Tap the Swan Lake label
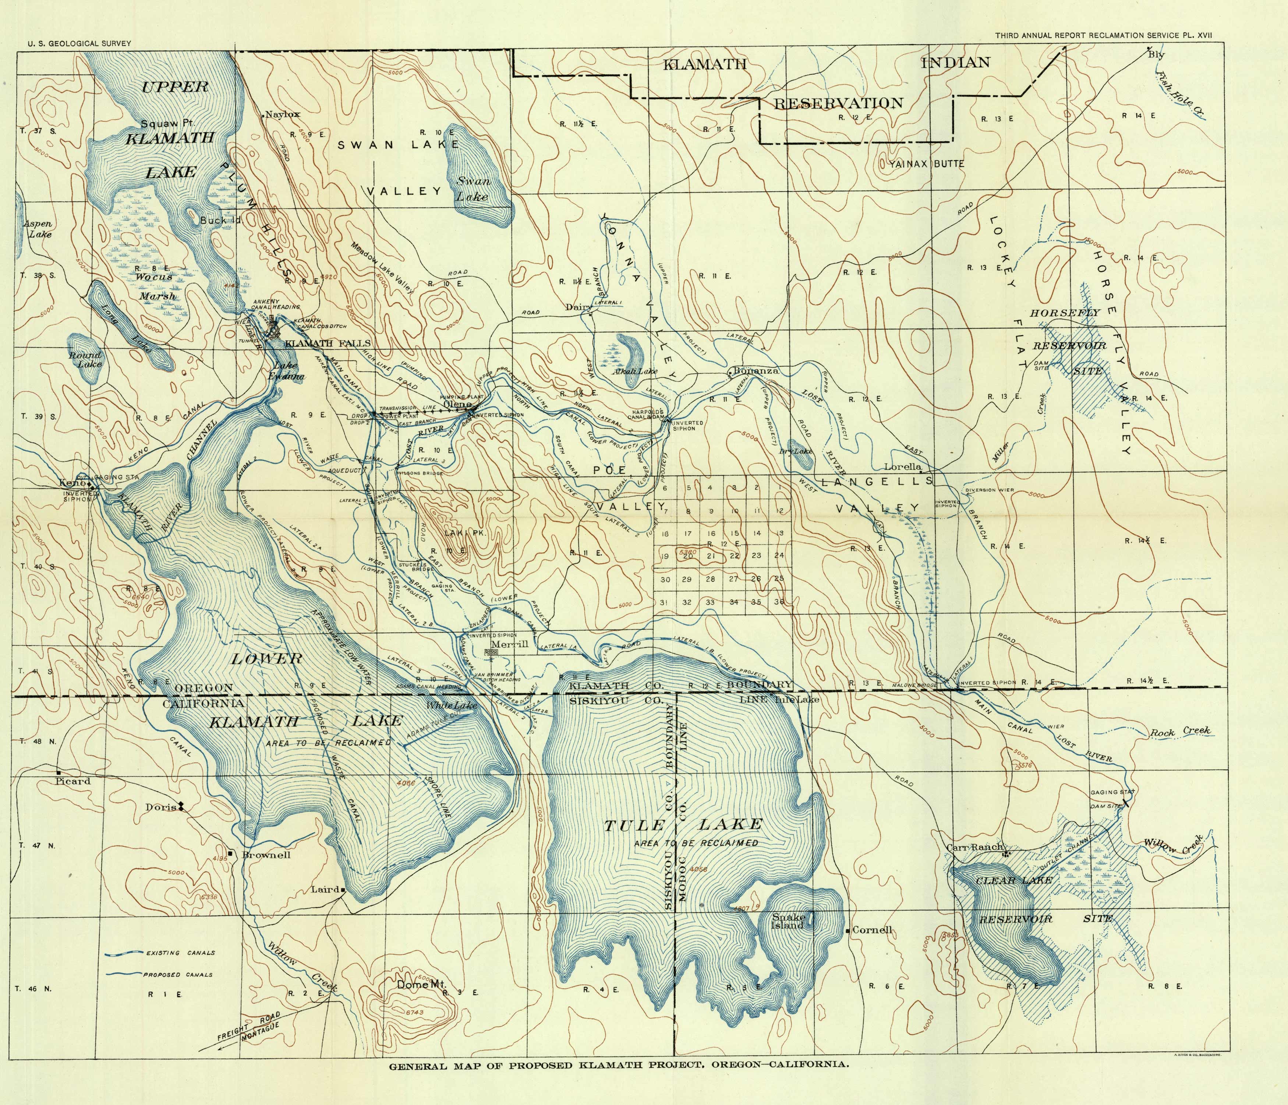(x=474, y=189)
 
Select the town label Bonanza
(x=755, y=371)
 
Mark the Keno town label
(x=70, y=483)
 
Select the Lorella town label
(x=903, y=467)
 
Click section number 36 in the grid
(x=779, y=602)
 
